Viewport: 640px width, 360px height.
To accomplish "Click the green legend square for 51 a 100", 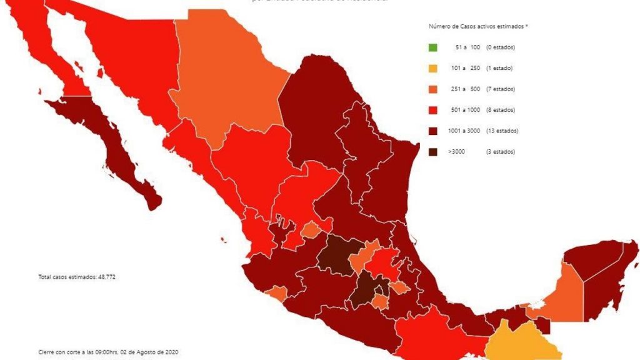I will click(433, 47).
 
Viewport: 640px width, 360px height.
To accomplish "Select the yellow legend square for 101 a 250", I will click(433, 68).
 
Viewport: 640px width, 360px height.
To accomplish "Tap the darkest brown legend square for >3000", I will click(433, 152).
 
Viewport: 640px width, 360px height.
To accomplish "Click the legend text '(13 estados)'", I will click(502, 131).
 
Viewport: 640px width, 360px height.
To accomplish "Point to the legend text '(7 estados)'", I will click(501, 89).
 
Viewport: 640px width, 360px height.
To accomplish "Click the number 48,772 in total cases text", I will click(104, 276).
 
